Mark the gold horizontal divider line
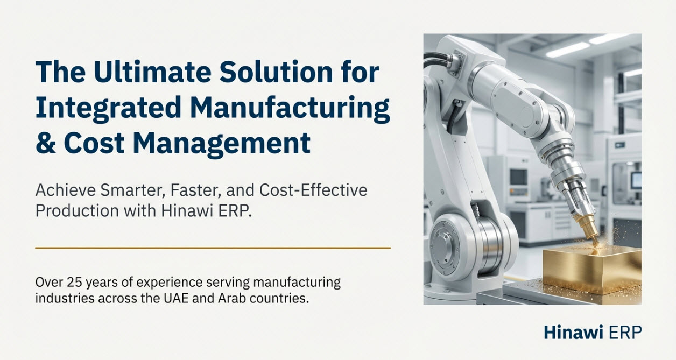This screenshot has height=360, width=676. coord(213,248)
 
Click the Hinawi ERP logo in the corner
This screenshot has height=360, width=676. coord(592,333)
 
